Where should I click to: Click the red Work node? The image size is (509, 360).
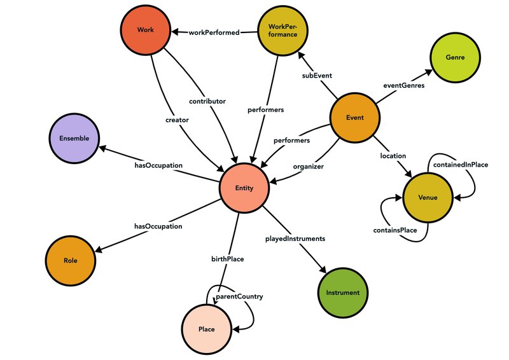145,30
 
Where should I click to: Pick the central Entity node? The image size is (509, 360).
244,188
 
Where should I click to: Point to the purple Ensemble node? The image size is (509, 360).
74,138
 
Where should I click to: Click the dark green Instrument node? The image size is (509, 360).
342,293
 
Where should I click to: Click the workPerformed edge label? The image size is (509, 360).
213,32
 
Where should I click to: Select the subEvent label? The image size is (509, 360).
317,76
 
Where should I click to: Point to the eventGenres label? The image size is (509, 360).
404,83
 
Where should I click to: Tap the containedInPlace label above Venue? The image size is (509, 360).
460,165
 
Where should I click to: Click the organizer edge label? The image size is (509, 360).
308,167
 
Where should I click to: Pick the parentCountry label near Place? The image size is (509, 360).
239,296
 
